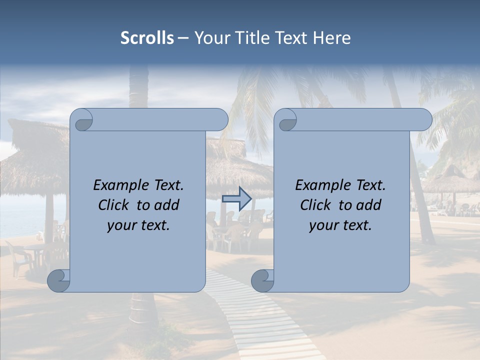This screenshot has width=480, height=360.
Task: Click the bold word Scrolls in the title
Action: click(147, 38)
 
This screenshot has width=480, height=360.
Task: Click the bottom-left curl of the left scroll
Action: click(58, 280)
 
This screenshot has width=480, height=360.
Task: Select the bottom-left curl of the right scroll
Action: click(262, 280)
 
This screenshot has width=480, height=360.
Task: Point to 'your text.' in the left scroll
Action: click(138, 225)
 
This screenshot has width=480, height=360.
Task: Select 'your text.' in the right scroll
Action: click(340, 225)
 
